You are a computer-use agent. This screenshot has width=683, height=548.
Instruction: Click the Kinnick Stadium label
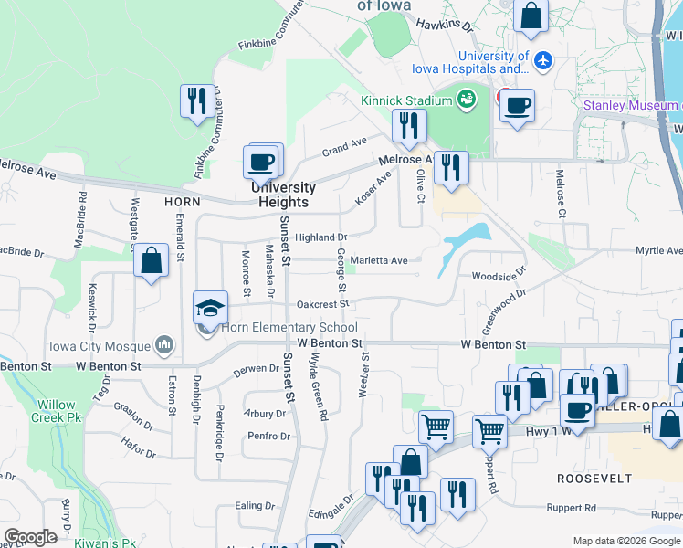click(407, 100)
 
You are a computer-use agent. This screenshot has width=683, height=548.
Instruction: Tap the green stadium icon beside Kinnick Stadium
click(467, 98)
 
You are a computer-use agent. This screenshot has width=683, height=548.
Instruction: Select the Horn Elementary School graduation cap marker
click(210, 308)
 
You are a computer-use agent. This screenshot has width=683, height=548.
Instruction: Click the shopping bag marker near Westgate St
click(152, 261)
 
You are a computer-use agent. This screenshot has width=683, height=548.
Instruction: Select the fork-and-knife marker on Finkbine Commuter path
click(197, 100)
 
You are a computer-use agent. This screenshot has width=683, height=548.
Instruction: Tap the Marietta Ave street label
click(379, 260)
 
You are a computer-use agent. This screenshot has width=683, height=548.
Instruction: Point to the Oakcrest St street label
click(322, 304)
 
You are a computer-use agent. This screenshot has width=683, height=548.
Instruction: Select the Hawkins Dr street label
click(444, 26)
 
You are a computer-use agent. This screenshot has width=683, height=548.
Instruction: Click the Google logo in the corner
click(30, 537)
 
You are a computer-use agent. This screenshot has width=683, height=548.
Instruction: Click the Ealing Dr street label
click(255, 505)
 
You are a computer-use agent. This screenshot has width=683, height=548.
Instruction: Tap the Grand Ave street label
click(343, 144)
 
